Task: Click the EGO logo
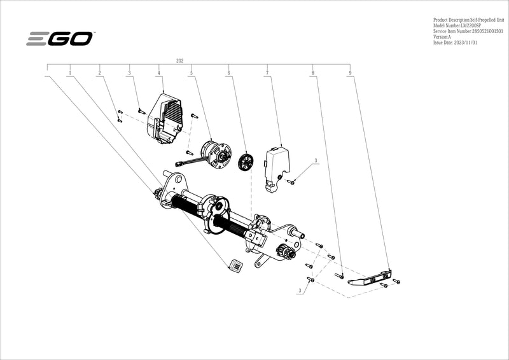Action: [60, 39]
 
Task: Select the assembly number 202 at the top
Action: [179, 60]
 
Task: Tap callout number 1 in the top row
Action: [69, 74]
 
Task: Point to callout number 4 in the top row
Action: [158, 74]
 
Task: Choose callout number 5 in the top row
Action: [191, 74]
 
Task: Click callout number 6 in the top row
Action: [228, 74]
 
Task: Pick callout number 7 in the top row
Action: [267, 74]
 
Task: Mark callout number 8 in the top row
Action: [313, 74]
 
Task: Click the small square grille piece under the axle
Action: [235, 266]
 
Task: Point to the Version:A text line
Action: [442, 36]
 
